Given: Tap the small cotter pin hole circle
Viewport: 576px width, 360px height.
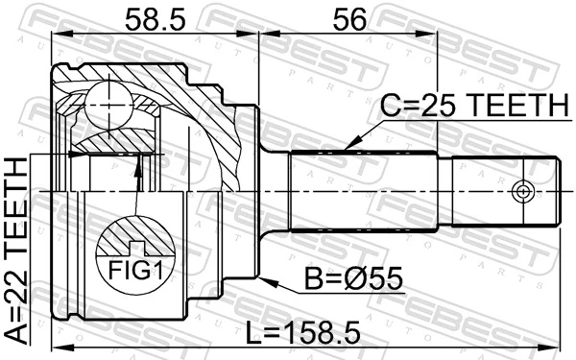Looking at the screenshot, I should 522,190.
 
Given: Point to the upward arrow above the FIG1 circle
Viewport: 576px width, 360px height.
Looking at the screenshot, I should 140,165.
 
